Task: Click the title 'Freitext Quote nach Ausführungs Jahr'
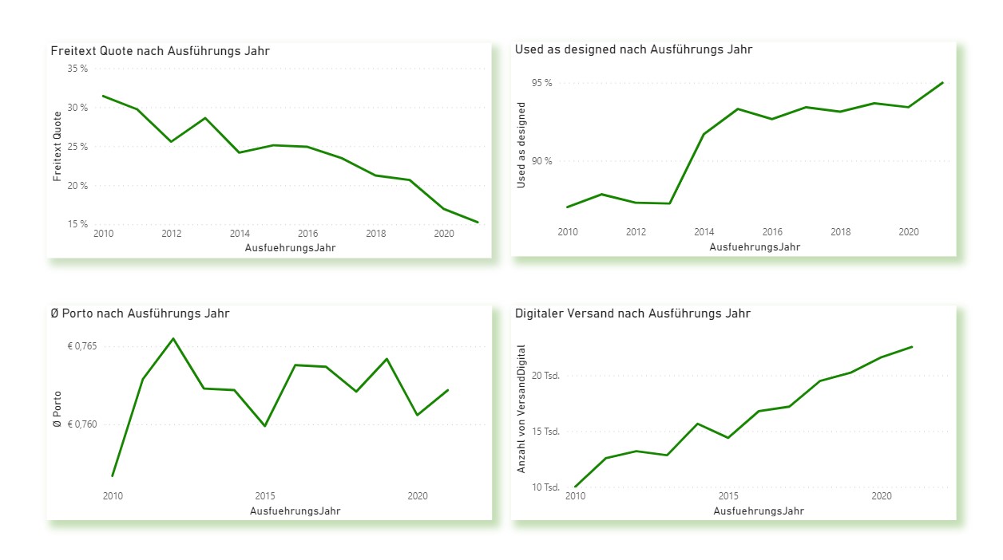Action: [x=160, y=51]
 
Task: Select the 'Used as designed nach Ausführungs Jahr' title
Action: [x=633, y=49]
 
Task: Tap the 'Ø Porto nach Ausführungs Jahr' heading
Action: [x=140, y=314]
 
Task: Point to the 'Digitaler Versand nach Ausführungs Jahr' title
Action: [x=632, y=314]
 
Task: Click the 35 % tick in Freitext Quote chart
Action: [x=77, y=69]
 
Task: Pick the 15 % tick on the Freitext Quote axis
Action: [x=77, y=224]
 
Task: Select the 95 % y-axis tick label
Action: [x=541, y=83]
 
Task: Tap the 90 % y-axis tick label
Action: [x=541, y=161]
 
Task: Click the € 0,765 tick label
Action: [x=82, y=346]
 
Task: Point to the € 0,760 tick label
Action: [x=82, y=424]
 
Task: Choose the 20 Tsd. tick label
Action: [x=546, y=375]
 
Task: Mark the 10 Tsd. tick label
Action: [x=546, y=487]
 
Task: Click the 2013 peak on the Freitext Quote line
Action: [x=205, y=118]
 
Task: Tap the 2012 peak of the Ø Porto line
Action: [x=173, y=338]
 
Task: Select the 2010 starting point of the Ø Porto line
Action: [x=113, y=475]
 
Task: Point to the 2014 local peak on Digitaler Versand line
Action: [x=698, y=424]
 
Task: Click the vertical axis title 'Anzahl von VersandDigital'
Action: [x=521, y=408]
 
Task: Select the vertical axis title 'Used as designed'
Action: [x=521, y=144]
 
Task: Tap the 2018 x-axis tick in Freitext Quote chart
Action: [x=376, y=234]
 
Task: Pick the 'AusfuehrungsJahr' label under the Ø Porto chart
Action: [x=295, y=511]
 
